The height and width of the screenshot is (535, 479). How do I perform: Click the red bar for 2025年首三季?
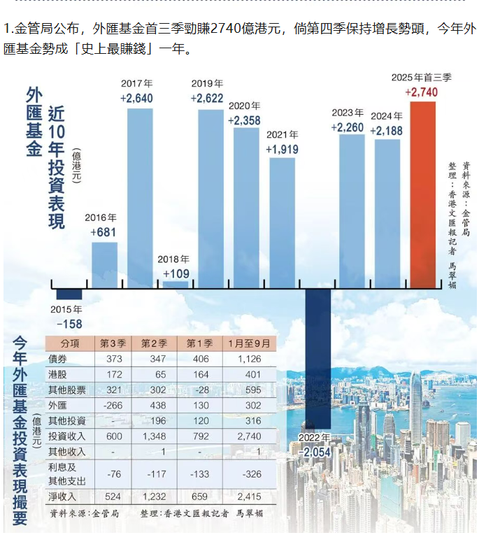[423, 192]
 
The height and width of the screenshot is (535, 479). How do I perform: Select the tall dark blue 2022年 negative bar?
[317, 357]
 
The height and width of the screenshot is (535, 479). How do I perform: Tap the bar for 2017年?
[139, 192]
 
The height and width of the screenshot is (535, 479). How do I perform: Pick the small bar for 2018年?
[176, 284]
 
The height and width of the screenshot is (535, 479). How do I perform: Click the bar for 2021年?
[283, 220]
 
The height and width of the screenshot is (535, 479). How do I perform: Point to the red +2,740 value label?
[422, 92]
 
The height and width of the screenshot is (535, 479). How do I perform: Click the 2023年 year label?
[348, 113]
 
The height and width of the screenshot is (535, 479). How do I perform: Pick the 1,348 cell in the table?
[153, 436]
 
